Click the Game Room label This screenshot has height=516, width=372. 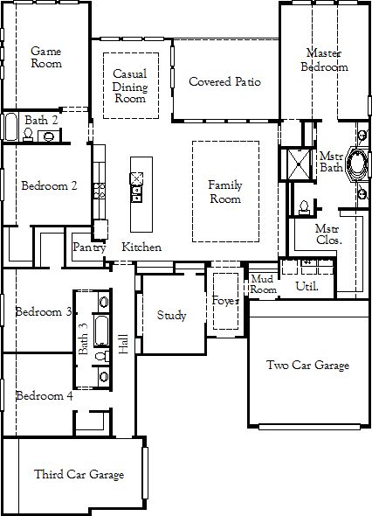[46, 57]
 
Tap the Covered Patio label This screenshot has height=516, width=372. [224, 81]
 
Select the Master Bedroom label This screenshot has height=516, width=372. [324, 59]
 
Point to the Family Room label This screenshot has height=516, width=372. [225, 192]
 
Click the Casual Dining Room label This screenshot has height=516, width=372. [130, 86]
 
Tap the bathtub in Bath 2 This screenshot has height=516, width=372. [10, 127]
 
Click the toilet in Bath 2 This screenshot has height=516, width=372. [28, 135]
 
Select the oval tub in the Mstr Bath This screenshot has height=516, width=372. [356, 164]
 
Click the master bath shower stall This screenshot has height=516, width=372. [299, 164]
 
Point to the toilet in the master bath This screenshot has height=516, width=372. [304, 207]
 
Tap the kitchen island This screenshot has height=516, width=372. [141, 194]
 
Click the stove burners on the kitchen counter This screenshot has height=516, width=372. [100, 191]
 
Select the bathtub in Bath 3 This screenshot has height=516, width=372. [101, 331]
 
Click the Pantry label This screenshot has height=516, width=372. [89, 248]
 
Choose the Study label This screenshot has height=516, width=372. [171, 315]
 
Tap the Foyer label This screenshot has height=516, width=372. [225, 301]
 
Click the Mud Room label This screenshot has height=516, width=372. [263, 284]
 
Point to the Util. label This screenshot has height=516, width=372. [307, 286]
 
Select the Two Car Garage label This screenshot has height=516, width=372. [307, 365]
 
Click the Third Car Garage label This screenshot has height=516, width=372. [79, 474]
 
